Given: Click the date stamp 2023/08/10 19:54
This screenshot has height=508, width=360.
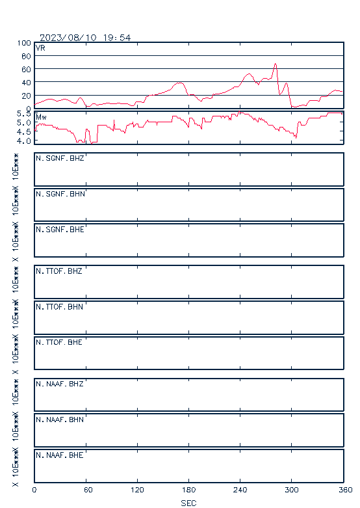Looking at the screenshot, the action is [85, 38].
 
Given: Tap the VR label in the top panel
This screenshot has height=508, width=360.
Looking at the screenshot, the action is [40, 48].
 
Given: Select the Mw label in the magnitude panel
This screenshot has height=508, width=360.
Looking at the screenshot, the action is [41, 117].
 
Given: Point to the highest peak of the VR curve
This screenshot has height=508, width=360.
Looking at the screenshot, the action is [275, 64].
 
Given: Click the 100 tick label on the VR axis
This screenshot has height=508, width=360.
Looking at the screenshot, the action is [24, 43].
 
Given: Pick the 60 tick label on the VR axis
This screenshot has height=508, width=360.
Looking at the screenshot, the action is [26, 70].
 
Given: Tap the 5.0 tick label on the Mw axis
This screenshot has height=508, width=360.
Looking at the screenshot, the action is [23, 123].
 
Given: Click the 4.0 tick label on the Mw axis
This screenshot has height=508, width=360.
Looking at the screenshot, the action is [23, 141].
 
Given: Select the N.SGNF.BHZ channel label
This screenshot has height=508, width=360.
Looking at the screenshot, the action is [60, 158].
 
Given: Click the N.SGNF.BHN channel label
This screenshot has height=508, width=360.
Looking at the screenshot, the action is [60, 194].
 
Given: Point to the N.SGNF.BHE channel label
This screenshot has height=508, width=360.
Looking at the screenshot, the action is [60, 230].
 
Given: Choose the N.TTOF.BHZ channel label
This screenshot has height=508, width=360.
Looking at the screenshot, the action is [59, 271].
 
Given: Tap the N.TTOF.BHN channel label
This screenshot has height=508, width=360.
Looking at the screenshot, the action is [59, 306].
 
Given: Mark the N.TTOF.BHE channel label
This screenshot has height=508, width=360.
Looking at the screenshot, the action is [59, 342].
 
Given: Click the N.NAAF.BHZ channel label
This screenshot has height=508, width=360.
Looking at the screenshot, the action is [60, 384].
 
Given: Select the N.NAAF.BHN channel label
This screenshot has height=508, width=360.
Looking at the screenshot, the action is [60, 420].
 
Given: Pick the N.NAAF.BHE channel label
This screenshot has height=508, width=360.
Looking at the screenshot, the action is [60, 455].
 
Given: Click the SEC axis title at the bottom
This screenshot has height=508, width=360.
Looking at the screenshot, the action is [188, 503].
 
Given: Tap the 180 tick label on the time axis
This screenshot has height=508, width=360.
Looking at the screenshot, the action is [188, 490].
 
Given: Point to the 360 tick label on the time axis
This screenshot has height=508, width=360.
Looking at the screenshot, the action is [345, 490].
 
